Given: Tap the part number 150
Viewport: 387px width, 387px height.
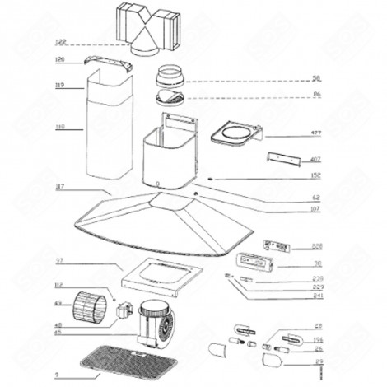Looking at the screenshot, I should tap(315, 175).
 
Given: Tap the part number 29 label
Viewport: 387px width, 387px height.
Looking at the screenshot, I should tap(318, 361).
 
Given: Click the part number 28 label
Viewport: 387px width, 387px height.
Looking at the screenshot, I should tap(318, 327).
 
